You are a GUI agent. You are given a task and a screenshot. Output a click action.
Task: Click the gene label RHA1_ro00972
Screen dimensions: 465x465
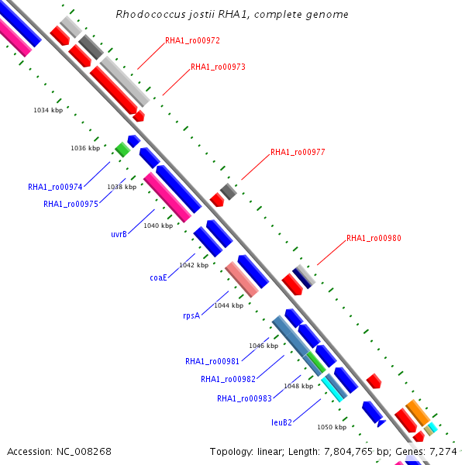tap(191, 40)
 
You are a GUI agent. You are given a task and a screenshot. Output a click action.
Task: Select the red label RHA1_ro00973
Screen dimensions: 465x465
tap(218, 67)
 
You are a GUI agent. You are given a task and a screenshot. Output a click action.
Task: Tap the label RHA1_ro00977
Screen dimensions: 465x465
tap(297, 153)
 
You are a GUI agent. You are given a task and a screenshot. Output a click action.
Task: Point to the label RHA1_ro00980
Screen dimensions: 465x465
tap(374, 239)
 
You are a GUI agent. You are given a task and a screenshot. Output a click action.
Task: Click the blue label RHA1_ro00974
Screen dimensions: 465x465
tap(54, 188)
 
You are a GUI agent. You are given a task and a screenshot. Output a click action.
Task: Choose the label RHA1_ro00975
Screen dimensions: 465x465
tap(71, 205)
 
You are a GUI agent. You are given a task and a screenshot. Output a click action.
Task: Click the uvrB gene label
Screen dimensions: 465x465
tap(119, 233)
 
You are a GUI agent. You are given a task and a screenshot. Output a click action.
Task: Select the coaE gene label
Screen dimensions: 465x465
tap(158, 277)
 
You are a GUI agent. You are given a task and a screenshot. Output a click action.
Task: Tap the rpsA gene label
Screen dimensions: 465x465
tap(191, 316)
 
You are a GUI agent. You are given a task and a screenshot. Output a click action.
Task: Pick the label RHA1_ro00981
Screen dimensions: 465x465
tap(212, 361)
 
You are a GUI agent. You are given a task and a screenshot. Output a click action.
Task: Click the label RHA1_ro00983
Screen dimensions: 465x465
tap(244, 399)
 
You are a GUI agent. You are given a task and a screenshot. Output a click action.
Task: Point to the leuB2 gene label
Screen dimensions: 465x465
tap(281, 422)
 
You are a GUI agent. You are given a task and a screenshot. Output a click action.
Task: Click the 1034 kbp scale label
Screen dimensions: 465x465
tap(48, 111)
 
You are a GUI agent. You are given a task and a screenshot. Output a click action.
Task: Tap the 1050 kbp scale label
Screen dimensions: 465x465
tap(332, 427)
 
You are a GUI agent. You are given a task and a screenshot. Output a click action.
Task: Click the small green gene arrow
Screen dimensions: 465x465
tap(122, 149)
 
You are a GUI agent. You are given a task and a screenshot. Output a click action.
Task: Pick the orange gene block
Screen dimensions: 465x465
tap(417, 412)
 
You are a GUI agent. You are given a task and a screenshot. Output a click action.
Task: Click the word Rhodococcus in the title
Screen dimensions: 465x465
tap(146, 15)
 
